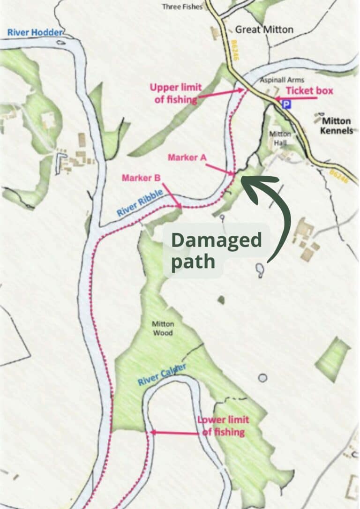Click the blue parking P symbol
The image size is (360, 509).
click(286, 105)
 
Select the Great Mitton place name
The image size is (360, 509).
click(264, 30)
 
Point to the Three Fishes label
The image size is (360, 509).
click(182, 7)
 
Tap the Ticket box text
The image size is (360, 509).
click(309, 90)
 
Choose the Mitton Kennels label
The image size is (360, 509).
click(337, 126)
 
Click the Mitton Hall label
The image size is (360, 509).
click(280, 137)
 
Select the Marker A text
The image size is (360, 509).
click(187, 157)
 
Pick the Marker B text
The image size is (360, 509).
click(141, 178)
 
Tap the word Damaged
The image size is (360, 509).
click(216, 240)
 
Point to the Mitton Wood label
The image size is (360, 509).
click(163, 328)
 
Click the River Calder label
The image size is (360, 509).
click(162, 374)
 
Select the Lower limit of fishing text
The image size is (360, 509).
click(223, 426)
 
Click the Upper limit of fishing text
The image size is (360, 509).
click(176, 92)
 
